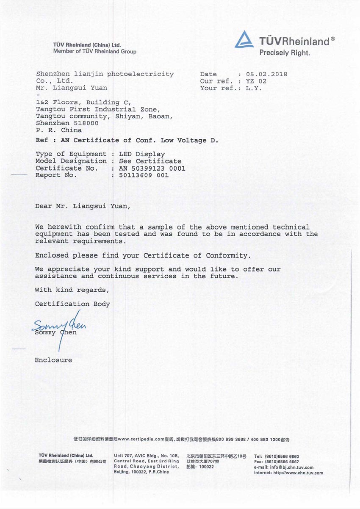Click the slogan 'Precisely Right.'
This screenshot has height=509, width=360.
coord(284,53)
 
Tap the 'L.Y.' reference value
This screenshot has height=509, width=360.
coord(254,88)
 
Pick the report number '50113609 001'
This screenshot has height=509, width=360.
coord(144,175)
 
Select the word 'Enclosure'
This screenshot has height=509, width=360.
coord(53,360)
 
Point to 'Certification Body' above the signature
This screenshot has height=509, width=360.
coord(72,304)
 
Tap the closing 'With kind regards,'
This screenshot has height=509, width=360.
coord(72,290)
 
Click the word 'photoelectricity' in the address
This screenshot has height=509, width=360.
coord(140,74)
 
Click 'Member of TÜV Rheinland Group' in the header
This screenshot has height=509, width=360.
coord(95,51)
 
